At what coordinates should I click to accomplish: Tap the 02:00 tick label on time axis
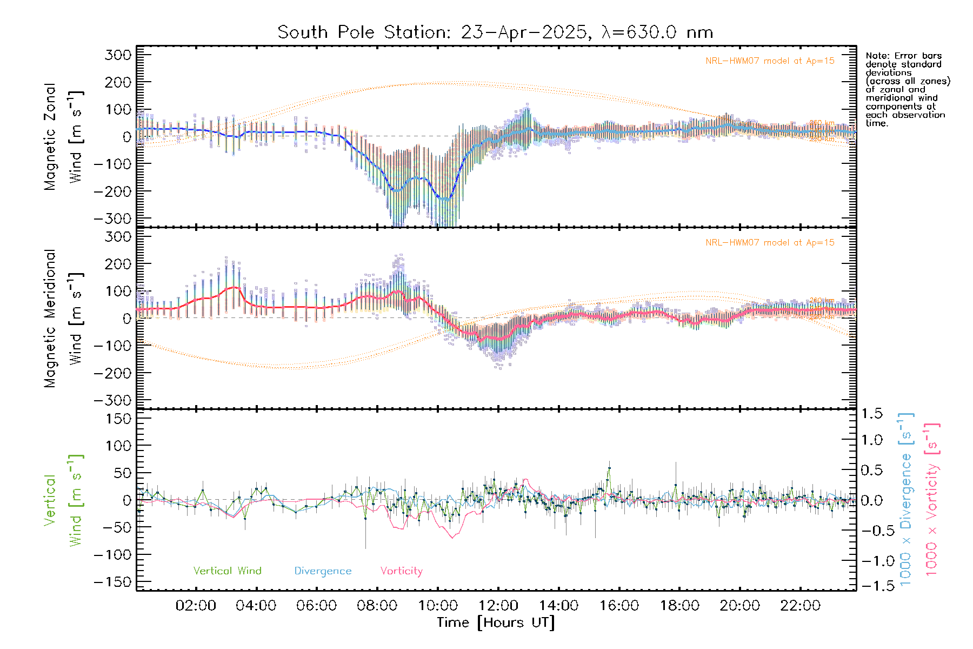pos(196,606)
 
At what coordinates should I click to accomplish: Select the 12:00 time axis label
pos(498,606)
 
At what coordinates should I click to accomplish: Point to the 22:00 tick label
pos(800,606)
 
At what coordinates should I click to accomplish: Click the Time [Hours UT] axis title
pos(496,622)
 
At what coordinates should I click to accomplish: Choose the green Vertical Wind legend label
pos(227,571)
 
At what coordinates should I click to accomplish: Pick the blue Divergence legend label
pos(323,571)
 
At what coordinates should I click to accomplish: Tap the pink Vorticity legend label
pos(401,571)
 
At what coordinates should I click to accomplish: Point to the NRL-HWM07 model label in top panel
pos(770,61)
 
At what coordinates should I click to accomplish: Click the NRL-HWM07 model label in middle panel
pos(770,243)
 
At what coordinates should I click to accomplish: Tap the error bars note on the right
pos(907,89)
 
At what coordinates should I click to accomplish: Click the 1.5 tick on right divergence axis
pos(871,414)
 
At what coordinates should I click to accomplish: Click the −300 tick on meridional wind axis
pos(112,400)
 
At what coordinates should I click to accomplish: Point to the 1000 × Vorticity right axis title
pos(932,499)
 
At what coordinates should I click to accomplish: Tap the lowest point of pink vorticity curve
pos(452,538)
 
